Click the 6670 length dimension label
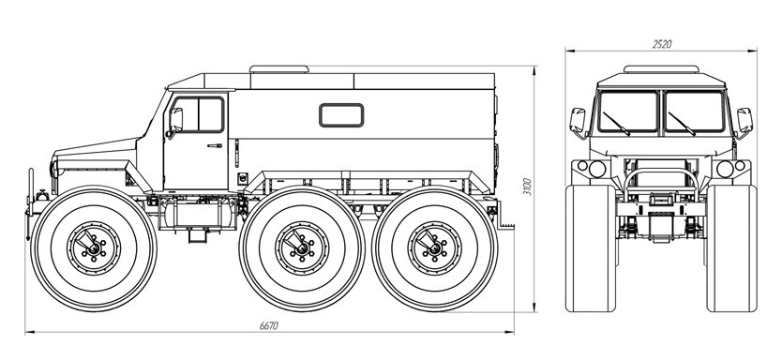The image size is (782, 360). click(269, 325)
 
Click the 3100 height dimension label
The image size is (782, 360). click(528, 187)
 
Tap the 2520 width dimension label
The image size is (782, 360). click(662, 44)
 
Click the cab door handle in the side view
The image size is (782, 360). click(215, 145)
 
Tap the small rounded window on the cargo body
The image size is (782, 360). click(341, 115)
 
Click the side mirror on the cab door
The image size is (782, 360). click(175, 121)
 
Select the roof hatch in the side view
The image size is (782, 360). click(279, 68)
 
